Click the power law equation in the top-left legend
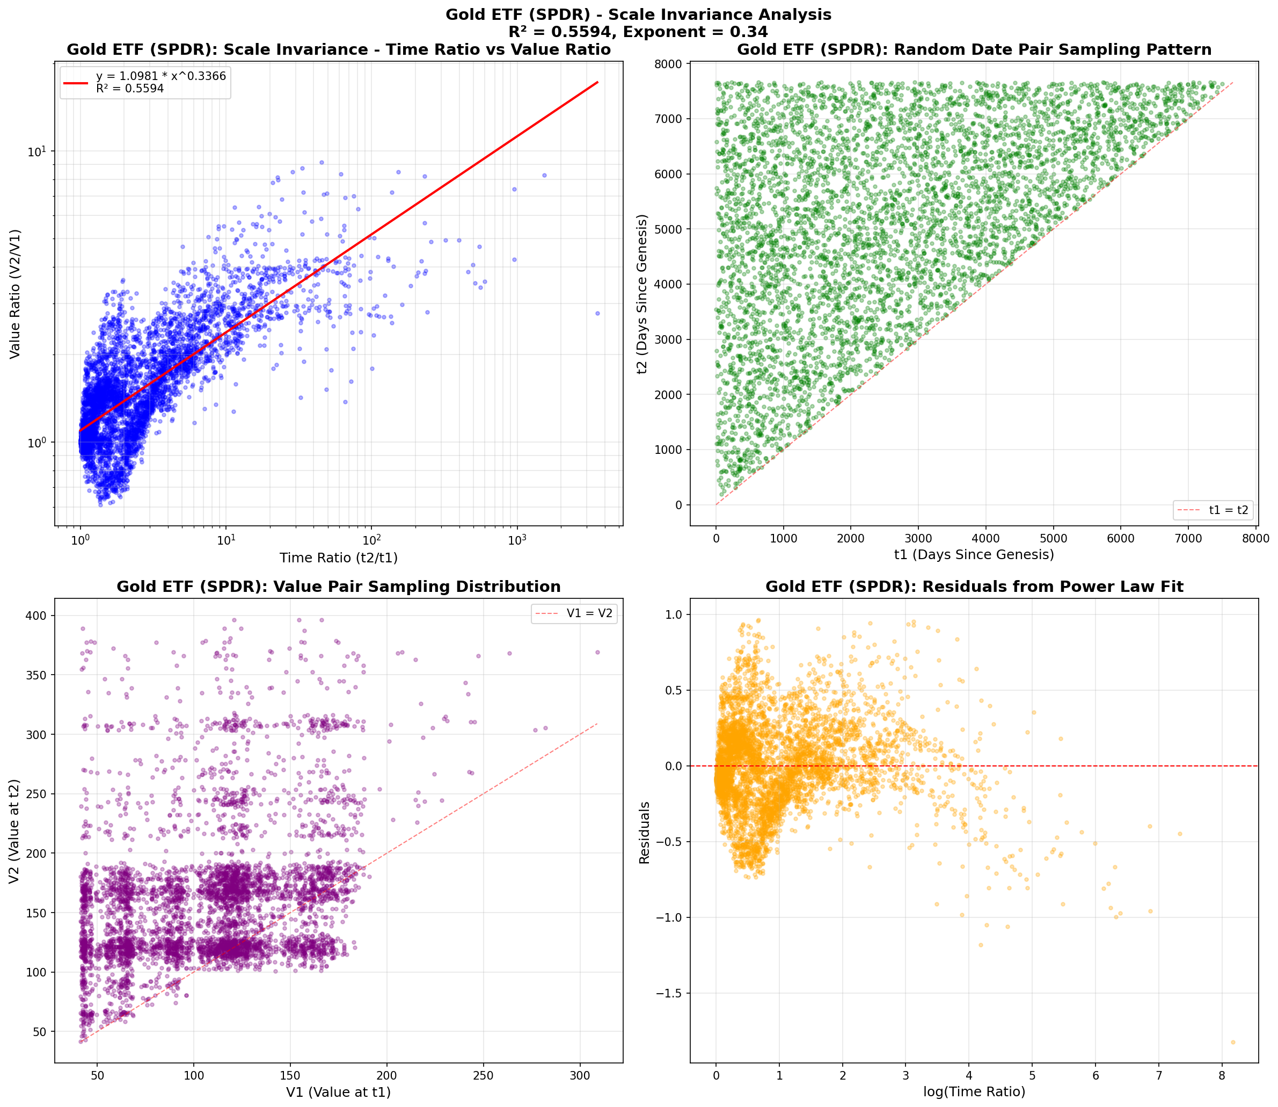160,76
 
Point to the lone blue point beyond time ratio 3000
597,313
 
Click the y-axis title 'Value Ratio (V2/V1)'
15,293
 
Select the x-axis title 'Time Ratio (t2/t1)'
338,558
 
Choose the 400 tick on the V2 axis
41,616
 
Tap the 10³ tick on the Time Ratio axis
517,539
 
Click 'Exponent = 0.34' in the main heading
695,32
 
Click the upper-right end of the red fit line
597,82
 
